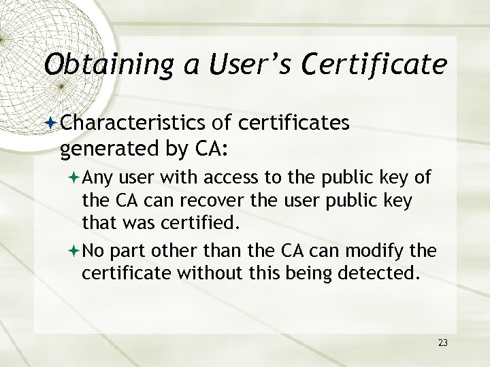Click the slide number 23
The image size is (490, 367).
point(443,343)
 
